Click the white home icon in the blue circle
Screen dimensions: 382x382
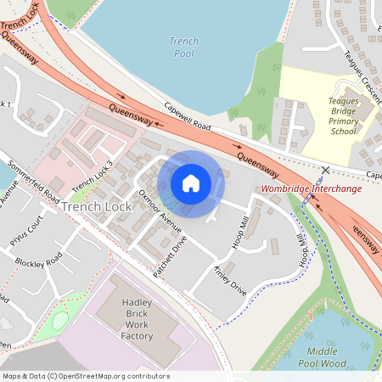click(191, 183)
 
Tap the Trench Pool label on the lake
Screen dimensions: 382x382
click(183, 47)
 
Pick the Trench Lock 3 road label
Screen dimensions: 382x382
click(93, 177)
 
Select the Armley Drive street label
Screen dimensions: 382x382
click(229, 278)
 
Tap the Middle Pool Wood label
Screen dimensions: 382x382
click(328, 357)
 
